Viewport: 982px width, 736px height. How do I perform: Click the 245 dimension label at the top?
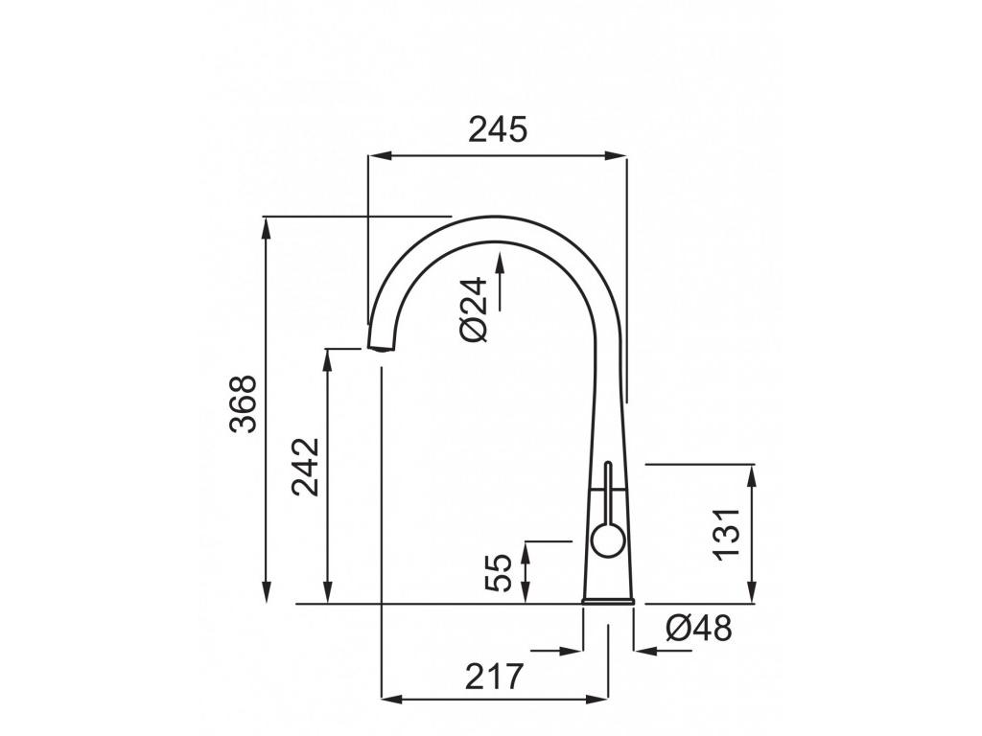498,128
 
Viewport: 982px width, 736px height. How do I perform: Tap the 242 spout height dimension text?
306,467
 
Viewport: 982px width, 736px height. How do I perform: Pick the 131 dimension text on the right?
727,533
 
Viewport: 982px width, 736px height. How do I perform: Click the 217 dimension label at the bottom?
496,677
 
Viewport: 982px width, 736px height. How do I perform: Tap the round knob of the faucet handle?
606,542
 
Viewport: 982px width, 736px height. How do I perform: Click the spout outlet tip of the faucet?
381,346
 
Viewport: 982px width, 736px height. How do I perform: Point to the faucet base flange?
609,600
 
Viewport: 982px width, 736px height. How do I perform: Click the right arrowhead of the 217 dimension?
600,698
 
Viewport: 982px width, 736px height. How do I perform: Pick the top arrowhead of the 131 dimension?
752,471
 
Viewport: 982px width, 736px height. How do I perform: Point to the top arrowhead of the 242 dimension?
329,356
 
